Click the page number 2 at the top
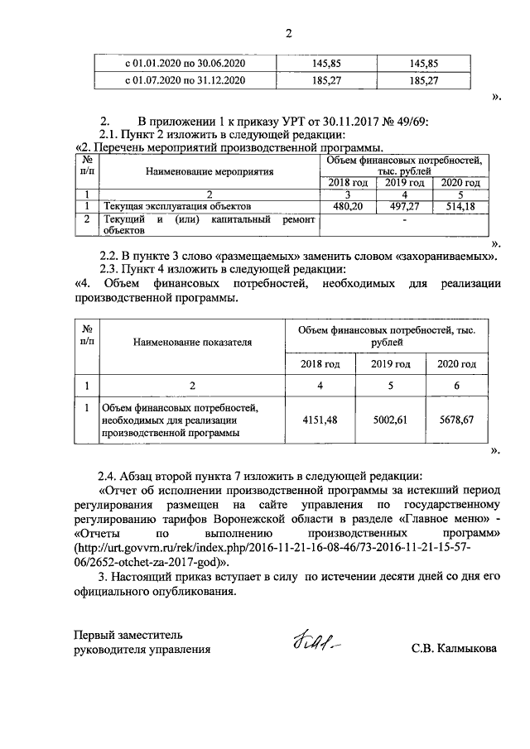289,34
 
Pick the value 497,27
402,205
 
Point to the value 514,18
460,205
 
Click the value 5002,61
390,420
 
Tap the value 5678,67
457,420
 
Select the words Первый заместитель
128,635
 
